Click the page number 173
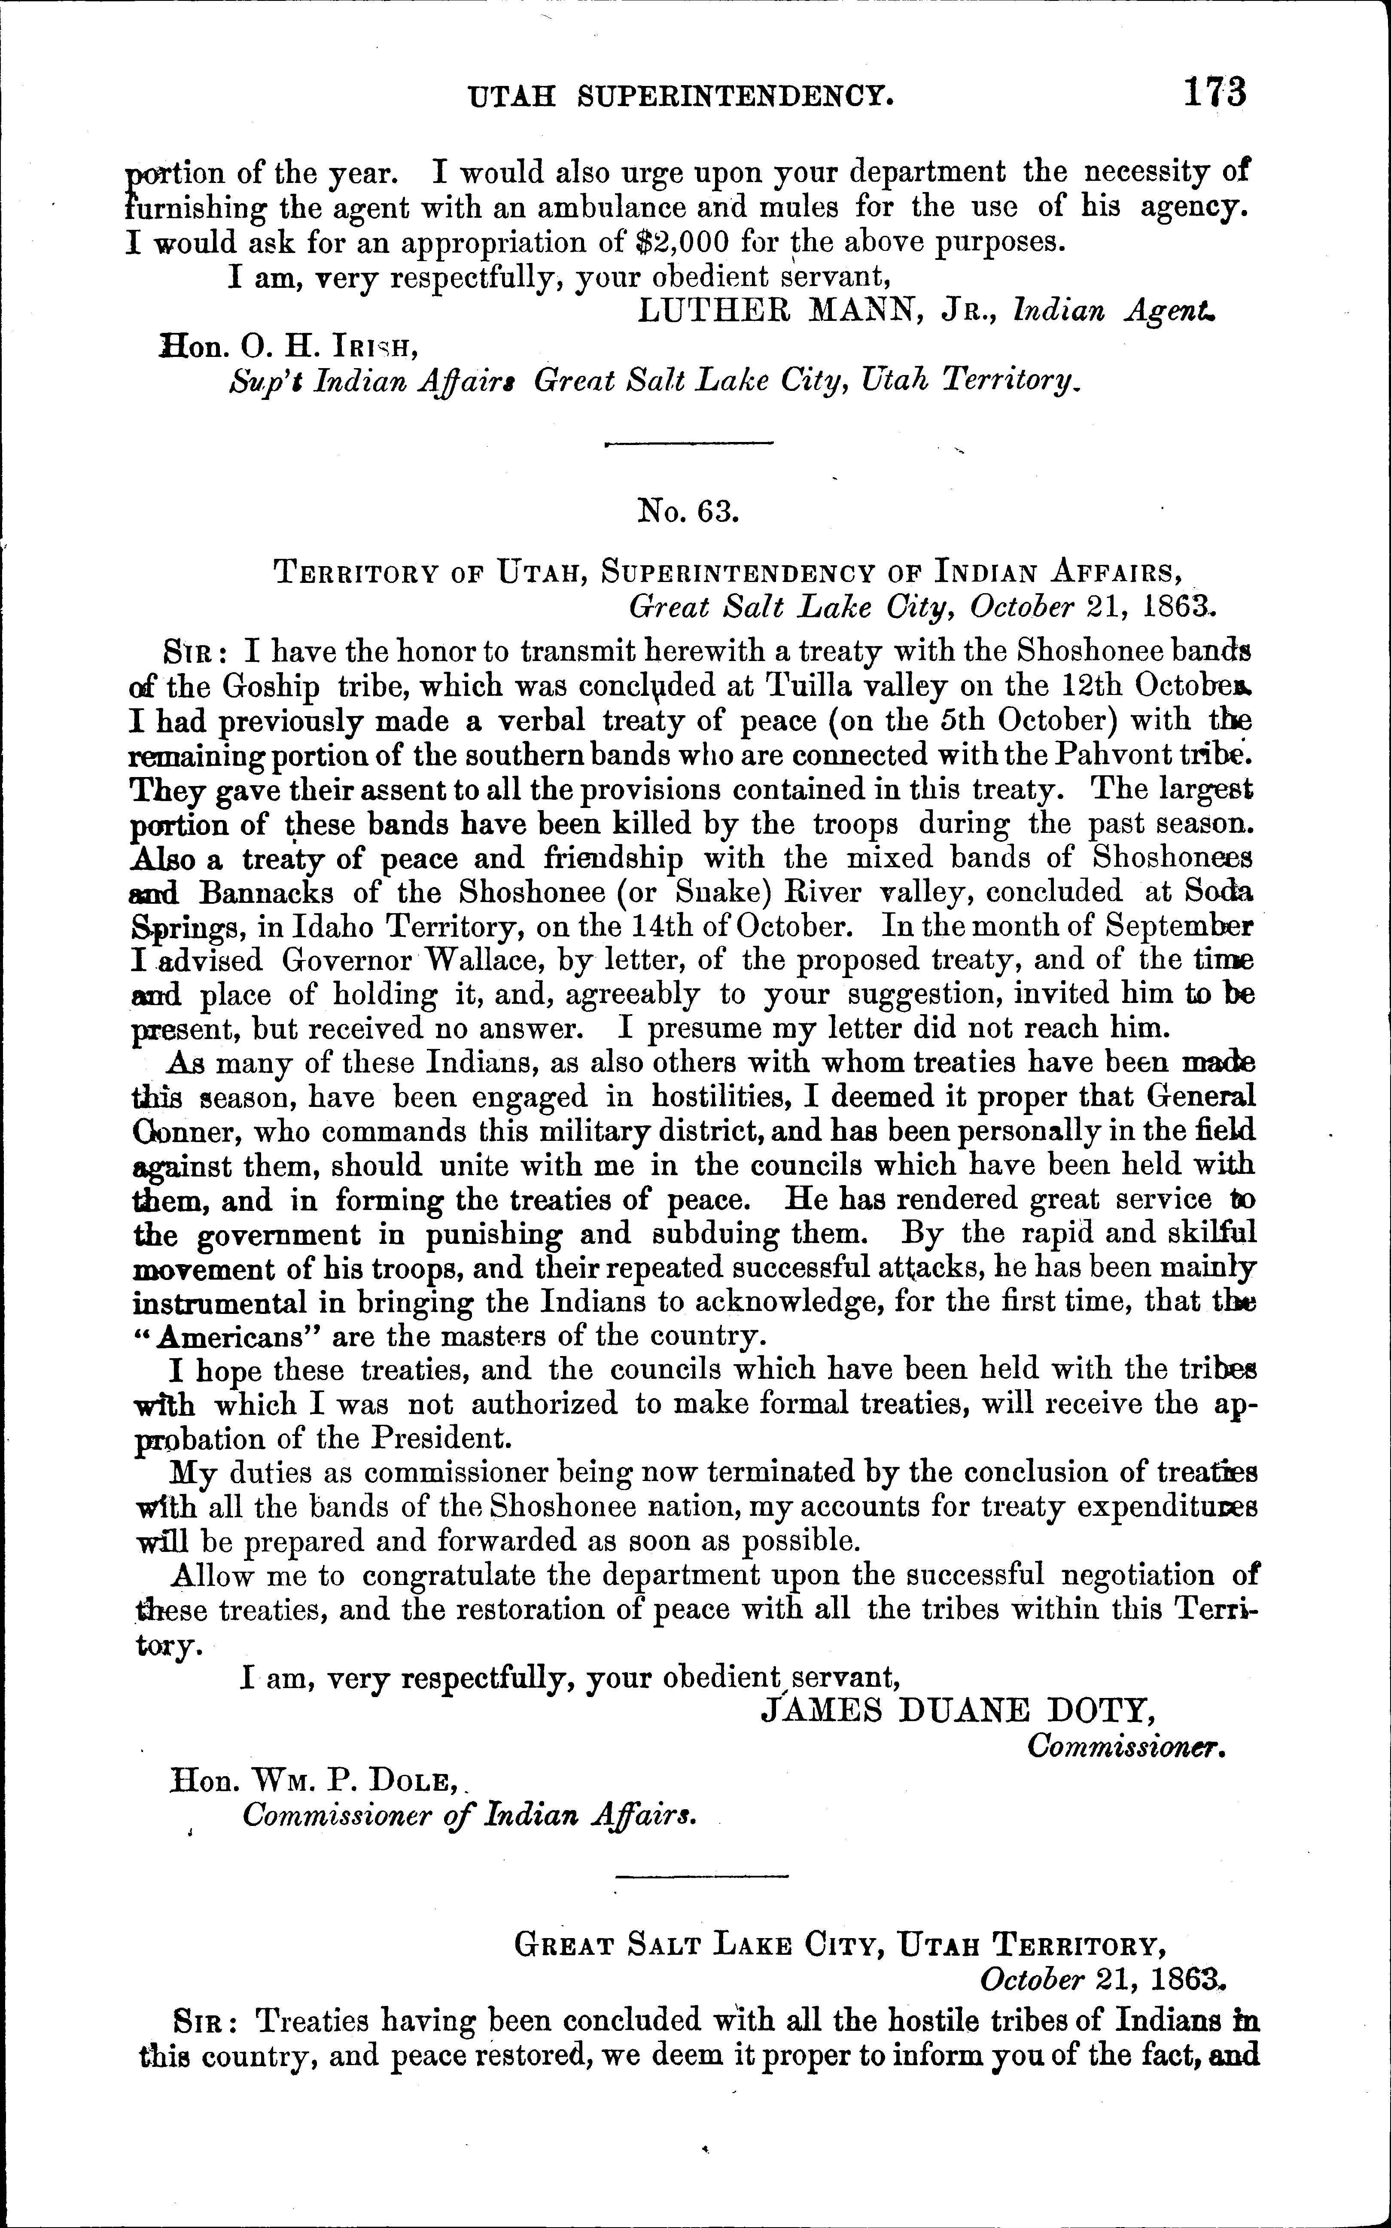click(x=1214, y=93)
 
